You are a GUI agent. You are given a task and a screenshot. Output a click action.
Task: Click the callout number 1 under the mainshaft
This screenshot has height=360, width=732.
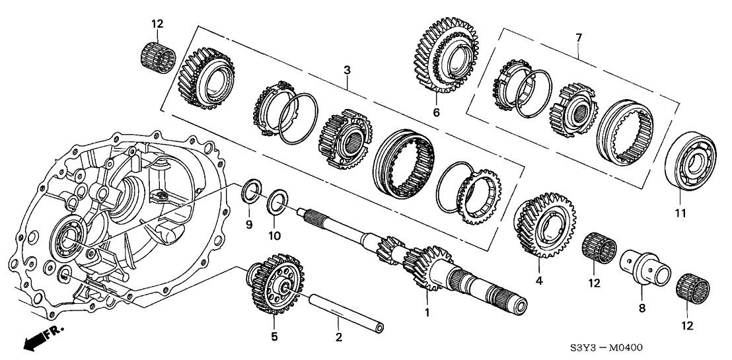[x=427, y=312]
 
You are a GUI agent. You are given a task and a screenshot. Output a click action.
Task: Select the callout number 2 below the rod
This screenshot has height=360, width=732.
[x=338, y=338]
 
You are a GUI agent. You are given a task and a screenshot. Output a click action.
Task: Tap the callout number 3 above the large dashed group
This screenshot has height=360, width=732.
[x=348, y=69]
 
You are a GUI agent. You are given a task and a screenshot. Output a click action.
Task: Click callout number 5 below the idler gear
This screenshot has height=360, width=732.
[x=274, y=337]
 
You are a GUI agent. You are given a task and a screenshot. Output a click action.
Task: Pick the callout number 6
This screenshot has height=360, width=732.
[x=435, y=113]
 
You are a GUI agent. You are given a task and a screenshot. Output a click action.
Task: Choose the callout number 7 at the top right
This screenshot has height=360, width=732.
[x=579, y=38]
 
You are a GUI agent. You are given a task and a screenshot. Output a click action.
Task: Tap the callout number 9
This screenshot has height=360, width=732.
[x=249, y=226]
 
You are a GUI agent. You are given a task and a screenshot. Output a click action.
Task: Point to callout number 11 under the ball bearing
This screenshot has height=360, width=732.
[x=680, y=213]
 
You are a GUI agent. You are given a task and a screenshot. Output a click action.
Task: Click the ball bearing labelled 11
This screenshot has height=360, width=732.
[x=680, y=165]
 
